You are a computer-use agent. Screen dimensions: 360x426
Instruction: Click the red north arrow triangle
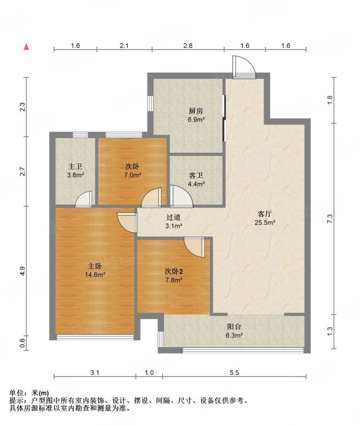point(26,47)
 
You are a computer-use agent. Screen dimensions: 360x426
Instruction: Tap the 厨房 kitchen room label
point(196,111)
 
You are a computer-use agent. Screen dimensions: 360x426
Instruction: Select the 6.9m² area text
point(196,119)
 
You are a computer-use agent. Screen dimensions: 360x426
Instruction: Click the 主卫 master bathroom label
point(75,166)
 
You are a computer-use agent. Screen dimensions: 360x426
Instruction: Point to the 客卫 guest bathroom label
point(196,176)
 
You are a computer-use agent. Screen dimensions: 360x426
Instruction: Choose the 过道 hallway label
point(174,217)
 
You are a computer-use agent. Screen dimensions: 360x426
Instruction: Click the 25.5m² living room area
point(265,223)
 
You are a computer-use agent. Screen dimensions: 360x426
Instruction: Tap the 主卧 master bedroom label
point(95,266)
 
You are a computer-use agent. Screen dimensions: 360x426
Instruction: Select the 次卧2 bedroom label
point(174,272)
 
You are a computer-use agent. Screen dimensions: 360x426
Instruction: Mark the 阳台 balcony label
point(234,327)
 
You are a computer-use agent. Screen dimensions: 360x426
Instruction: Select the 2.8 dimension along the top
point(188,45)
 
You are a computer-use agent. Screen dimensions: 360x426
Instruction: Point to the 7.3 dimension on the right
point(330,219)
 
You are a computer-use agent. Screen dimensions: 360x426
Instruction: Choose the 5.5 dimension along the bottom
point(234,372)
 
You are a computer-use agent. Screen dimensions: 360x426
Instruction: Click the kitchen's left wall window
point(150,103)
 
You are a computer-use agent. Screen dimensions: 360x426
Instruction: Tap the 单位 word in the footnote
point(16,393)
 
